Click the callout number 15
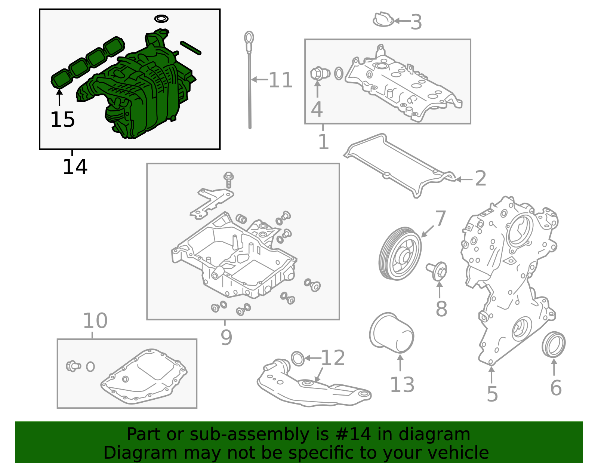coord(62,120)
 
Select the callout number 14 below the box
coord(75,167)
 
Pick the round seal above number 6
coord(554,344)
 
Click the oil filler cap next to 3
coord(383,20)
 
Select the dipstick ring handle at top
coord(249,37)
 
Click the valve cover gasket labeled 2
coord(400,165)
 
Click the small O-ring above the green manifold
coord(161,18)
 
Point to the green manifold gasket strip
coord(88,62)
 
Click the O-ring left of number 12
coord(298,359)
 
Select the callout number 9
coord(226,337)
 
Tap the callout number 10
coord(95,320)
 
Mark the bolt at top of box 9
coord(228,179)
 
